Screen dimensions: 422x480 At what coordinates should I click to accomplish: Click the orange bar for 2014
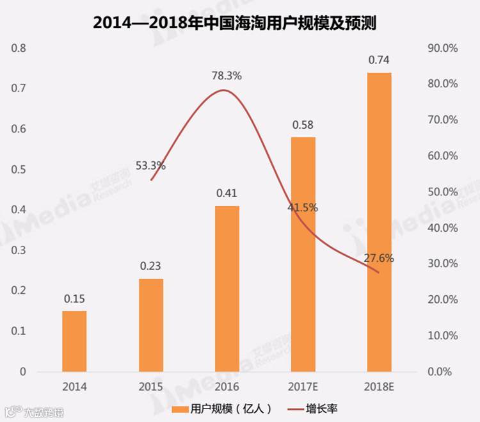(x=74, y=341)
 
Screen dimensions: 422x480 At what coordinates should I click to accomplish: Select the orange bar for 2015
(x=151, y=325)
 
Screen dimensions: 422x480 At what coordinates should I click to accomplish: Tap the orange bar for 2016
(x=227, y=288)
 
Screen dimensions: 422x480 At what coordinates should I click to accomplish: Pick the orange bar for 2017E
(x=303, y=254)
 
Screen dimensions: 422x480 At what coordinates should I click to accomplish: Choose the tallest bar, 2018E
(x=379, y=222)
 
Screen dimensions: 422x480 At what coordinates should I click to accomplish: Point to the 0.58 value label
(x=303, y=125)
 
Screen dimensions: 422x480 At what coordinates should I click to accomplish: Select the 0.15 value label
(x=74, y=298)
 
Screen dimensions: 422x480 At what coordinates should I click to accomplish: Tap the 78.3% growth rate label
(x=227, y=76)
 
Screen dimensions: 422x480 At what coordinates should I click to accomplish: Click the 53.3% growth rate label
(x=151, y=166)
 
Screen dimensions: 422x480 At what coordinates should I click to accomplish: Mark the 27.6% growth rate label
(x=379, y=259)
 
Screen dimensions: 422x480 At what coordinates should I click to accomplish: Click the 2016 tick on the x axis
(x=227, y=387)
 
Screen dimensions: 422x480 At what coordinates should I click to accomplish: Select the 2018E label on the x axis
(x=379, y=387)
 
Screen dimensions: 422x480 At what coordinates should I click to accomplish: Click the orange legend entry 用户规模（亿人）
(x=224, y=408)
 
